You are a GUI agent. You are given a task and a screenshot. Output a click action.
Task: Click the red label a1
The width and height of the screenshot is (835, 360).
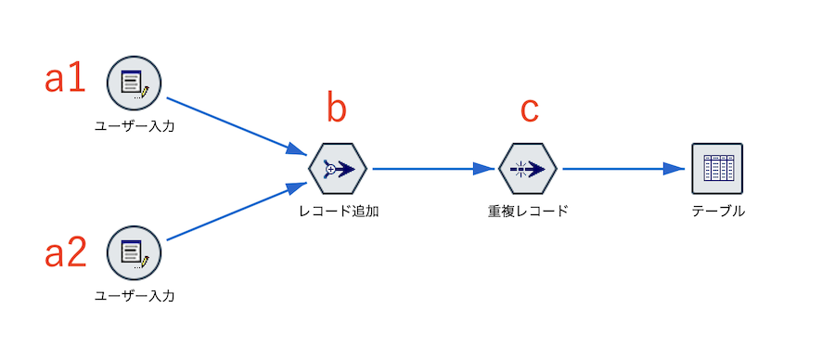click(x=65, y=80)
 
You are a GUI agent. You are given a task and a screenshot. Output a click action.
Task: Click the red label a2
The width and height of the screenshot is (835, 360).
click(x=65, y=252)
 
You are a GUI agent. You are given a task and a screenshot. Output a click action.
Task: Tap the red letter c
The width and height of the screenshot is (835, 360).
click(x=528, y=109)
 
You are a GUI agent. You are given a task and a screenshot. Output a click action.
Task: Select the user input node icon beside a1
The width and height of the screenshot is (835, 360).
click(x=135, y=83)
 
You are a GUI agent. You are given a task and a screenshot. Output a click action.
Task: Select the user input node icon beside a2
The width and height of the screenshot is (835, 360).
click(x=135, y=252)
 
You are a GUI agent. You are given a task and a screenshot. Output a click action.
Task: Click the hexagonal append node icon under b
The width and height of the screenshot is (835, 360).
click(x=337, y=169)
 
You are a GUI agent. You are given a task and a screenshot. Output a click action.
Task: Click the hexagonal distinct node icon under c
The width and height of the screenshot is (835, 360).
click(x=527, y=169)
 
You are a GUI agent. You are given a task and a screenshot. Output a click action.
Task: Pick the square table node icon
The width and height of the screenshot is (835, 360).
click(x=717, y=169)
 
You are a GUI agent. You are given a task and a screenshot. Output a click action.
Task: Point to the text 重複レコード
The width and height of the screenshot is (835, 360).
click(x=527, y=211)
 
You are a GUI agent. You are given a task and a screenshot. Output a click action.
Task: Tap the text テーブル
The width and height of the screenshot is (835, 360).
click(x=718, y=211)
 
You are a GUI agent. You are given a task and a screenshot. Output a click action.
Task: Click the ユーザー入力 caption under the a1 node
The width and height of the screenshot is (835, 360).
click(x=135, y=125)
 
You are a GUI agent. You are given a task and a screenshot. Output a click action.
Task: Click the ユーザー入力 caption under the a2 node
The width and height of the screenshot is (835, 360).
click(x=135, y=296)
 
